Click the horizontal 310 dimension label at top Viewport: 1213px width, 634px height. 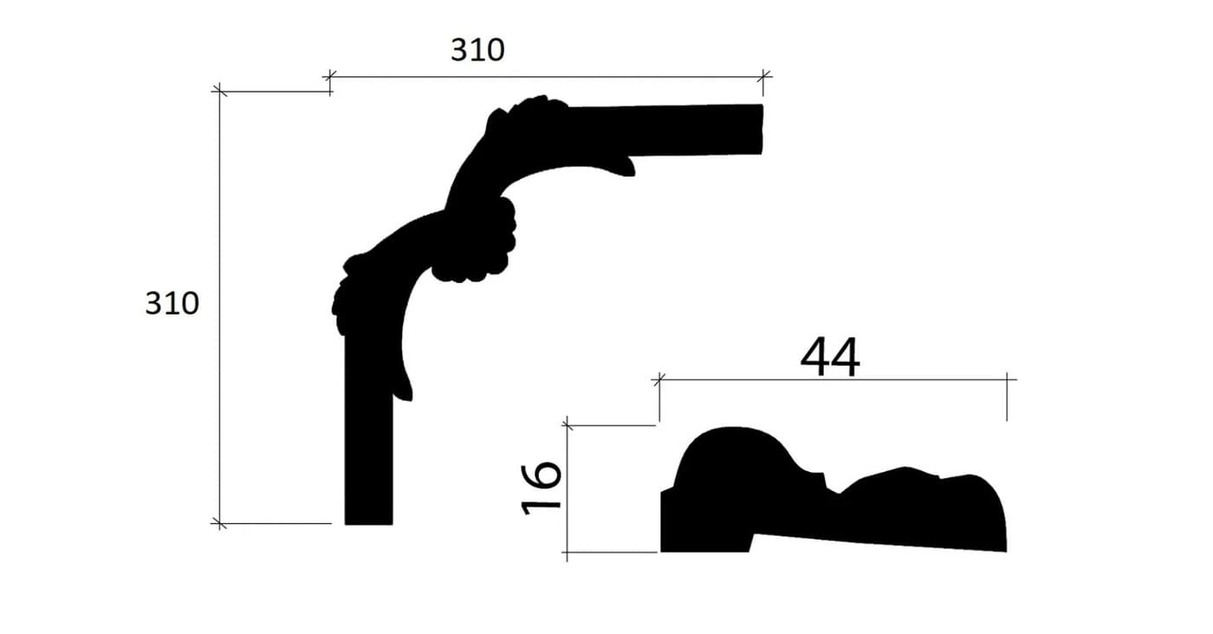click(477, 50)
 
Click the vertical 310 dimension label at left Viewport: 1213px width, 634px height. click(172, 303)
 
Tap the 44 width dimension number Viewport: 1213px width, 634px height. click(830, 357)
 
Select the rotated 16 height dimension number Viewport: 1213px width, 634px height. click(541, 488)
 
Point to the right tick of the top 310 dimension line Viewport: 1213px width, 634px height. click(763, 76)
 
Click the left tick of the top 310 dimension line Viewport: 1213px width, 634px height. click(330, 76)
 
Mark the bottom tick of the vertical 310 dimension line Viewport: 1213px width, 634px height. click(219, 523)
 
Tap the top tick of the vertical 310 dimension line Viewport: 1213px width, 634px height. click(219, 92)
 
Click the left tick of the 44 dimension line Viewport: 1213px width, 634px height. click(659, 379)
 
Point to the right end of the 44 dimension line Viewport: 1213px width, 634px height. click(1007, 379)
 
